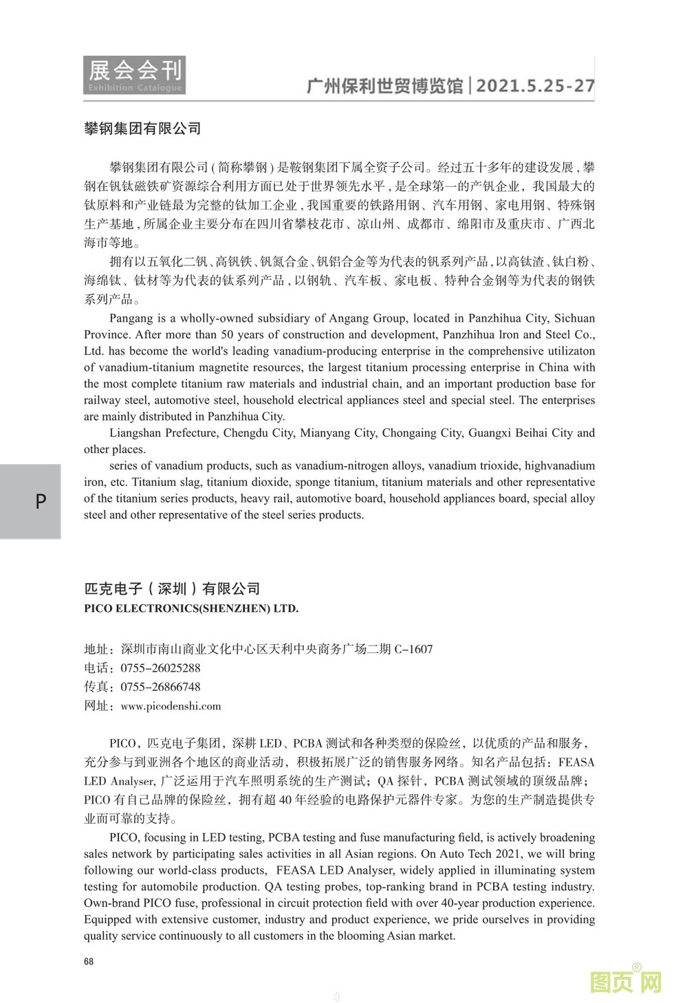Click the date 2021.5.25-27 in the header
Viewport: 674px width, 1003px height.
[x=535, y=86]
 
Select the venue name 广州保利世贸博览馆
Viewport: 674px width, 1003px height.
[x=384, y=86]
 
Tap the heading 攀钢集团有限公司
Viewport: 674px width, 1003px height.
[x=142, y=129]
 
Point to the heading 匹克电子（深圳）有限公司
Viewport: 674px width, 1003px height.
[x=172, y=588]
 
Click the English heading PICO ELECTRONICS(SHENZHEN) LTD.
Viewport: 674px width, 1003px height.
[x=191, y=608]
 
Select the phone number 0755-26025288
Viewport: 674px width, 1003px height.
[x=160, y=668]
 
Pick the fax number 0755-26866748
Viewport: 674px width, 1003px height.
[x=160, y=687]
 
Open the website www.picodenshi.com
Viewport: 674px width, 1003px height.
[x=171, y=706]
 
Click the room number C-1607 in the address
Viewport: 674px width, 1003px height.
[x=413, y=649]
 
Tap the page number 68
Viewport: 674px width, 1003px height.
[x=89, y=962]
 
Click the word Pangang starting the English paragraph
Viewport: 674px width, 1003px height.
[x=130, y=318]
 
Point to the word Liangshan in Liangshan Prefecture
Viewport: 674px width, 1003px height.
[x=134, y=433]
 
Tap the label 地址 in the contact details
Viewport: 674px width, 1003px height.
[x=96, y=649]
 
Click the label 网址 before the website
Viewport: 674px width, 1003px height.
[x=96, y=706]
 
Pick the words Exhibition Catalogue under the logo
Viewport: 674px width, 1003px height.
[x=135, y=88]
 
